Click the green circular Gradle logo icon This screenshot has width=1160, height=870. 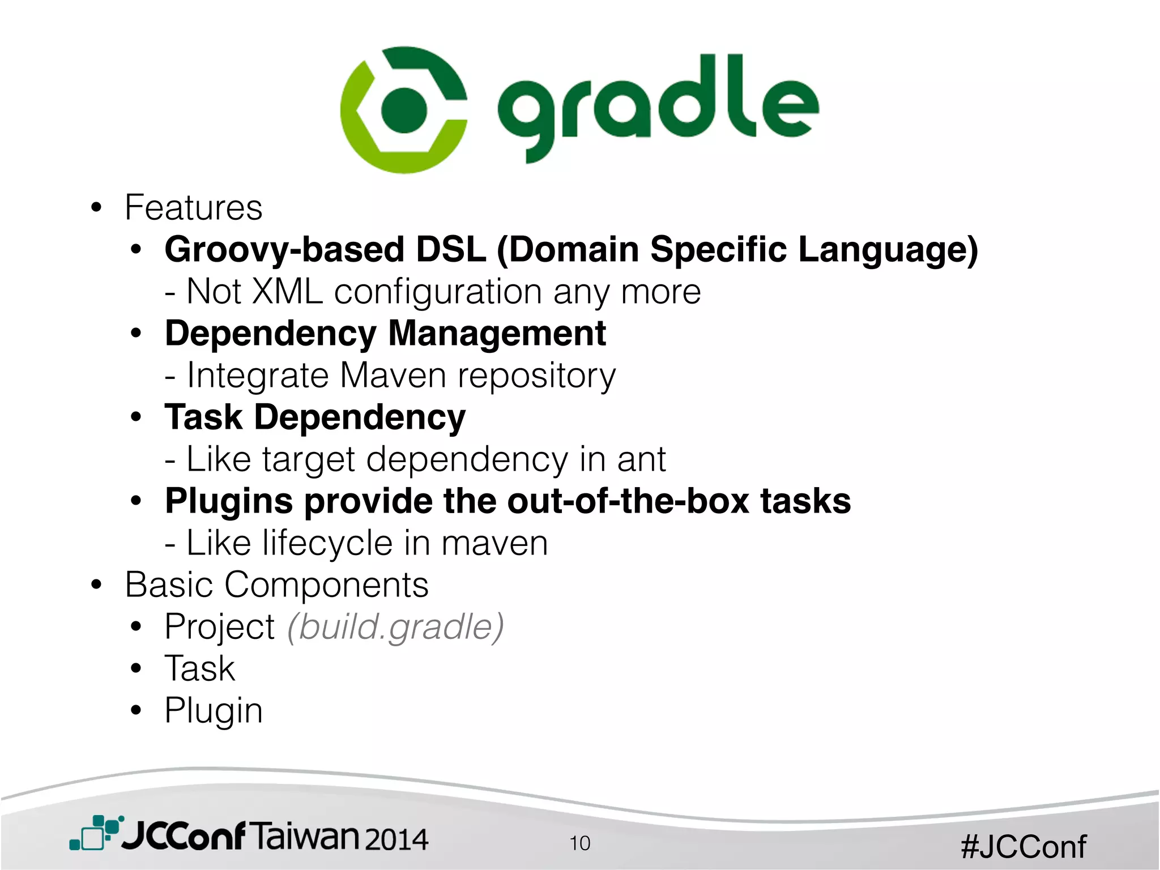[x=404, y=110]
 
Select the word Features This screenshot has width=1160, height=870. [x=194, y=207]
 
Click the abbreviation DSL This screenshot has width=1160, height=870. [x=451, y=249]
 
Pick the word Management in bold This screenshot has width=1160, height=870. [x=497, y=333]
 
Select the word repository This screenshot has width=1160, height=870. [x=536, y=376]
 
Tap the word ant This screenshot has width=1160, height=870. [x=641, y=459]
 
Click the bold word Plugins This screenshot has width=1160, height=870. [x=229, y=502]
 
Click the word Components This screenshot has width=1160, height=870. [x=326, y=585]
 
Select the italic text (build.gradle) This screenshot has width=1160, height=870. [x=395, y=627]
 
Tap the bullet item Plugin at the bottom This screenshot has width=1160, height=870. [x=214, y=711]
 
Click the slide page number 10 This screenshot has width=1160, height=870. [x=579, y=843]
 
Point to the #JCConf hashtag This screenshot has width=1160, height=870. [x=1023, y=847]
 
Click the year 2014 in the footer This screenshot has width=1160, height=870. [x=396, y=839]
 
